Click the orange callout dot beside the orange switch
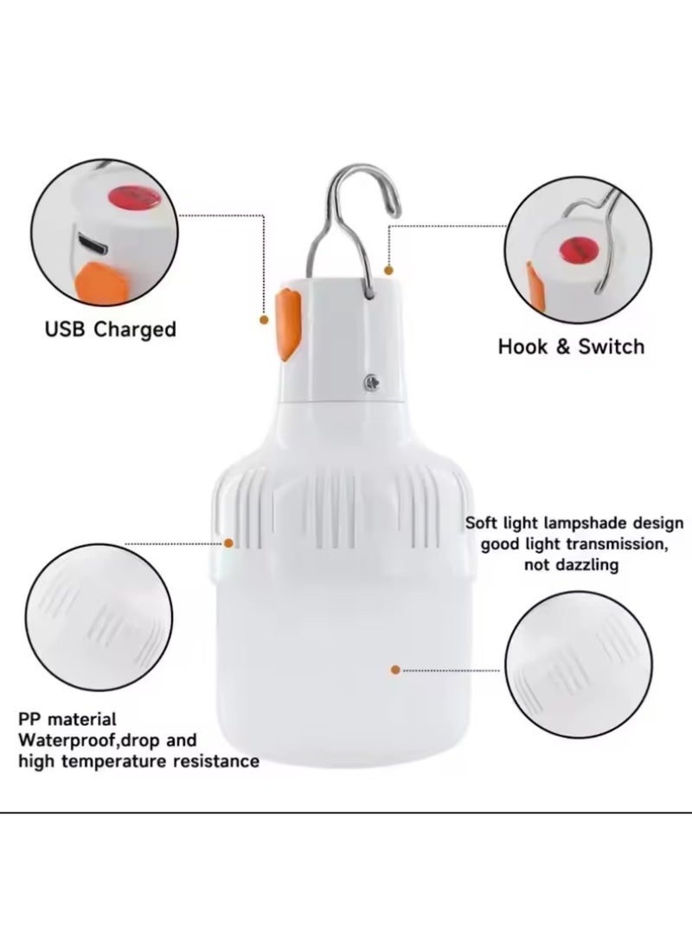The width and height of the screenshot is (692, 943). pyautogui.click(x=264, y=319)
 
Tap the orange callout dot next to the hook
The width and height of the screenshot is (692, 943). pyautogui.click(x=388, y=270)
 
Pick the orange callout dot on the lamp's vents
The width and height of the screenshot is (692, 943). pyautogui.click(x=229, y=542)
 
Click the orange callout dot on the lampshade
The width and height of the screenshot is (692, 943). pyautogui.click(x=394, y=669)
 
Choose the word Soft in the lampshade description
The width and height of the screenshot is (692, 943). pyautogui.click(x=484, y=523)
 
